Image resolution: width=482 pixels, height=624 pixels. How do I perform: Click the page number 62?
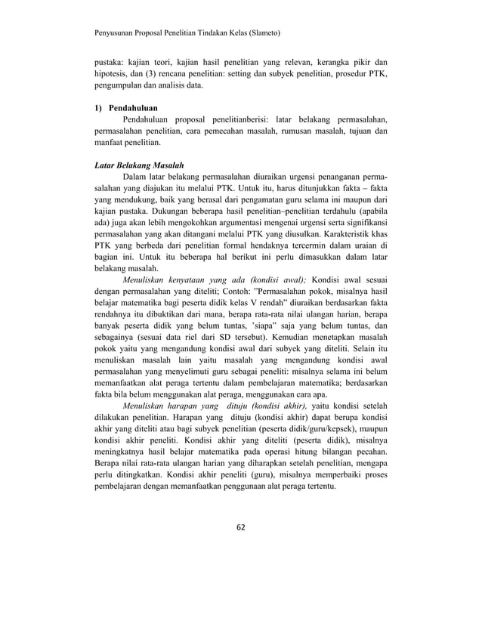point(241,527)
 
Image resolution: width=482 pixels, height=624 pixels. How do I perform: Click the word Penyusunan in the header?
point(113,33)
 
